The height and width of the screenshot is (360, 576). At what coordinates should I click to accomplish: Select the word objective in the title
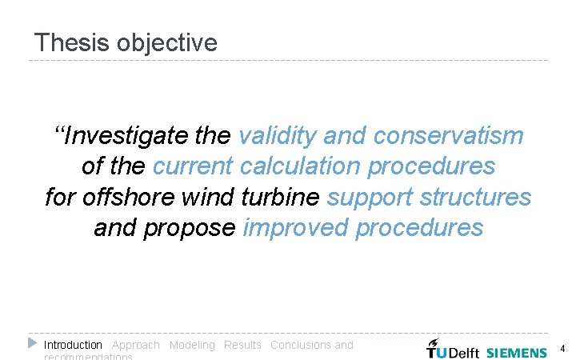click(x=166, y=43)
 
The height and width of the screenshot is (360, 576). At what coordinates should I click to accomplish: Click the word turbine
click(x=280, y=197)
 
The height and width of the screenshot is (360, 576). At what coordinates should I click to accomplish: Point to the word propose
click(x=189, y=228)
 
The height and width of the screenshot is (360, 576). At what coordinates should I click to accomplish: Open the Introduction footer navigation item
click(x=73, y=345)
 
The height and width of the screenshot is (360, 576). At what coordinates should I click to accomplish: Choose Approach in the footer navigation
click(x=136, y=345)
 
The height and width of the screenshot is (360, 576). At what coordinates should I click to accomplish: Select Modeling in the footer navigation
click(x=192, y=345)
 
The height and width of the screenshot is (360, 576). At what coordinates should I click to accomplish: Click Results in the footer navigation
click(x=242, y=345)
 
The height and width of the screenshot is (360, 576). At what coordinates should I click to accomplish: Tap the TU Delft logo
click(x=452, y=349)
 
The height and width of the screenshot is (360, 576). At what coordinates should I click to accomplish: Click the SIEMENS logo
click(x=517, y=352)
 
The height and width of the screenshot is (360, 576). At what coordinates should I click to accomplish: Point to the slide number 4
click(x=562, y=349)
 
